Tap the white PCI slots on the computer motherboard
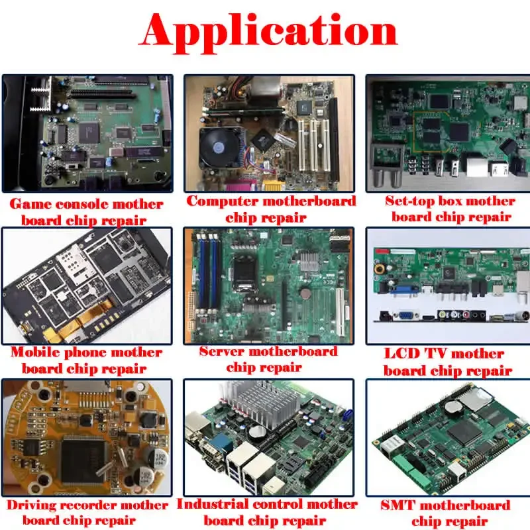(311, 142)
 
